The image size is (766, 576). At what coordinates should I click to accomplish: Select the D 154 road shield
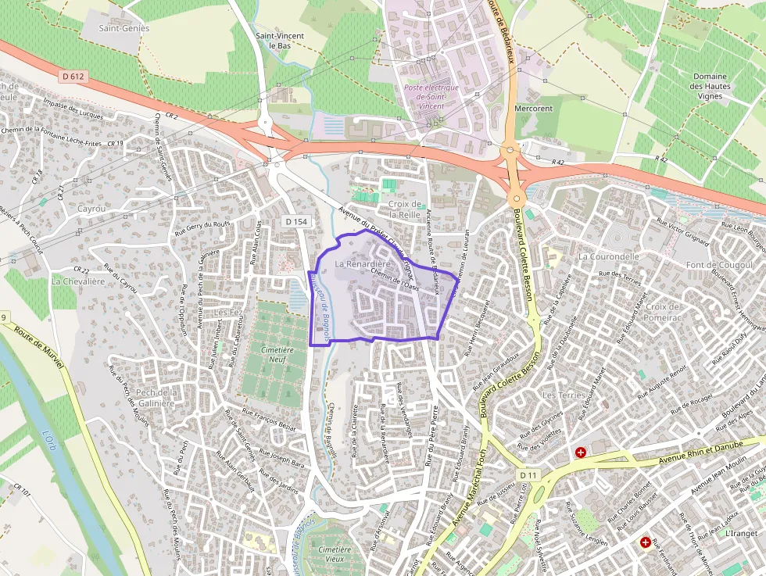click(295, 223)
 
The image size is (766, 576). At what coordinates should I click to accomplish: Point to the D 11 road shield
click(528, 475)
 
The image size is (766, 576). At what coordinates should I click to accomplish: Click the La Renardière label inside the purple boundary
click(362, 265)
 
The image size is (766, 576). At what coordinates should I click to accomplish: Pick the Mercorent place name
click(534, 109)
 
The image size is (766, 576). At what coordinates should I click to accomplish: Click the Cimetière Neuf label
click(273, 356)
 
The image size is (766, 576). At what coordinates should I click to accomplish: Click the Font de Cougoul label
click(718, 265)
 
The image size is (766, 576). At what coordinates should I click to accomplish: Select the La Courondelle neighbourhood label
click(609, 256)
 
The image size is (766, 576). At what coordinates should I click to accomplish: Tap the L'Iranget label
click(741, 534)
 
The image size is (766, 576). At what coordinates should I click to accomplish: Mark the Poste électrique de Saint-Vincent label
click(431, 97)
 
